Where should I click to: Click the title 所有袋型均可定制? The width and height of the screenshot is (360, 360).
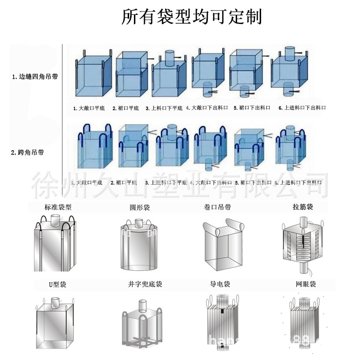pos(192,17)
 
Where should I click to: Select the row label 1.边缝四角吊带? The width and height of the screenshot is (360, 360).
pos(35,76)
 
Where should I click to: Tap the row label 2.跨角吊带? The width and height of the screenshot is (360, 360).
pos(28,153)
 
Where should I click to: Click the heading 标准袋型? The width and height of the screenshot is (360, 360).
pos(58,208)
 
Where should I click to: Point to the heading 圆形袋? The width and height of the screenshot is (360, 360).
pos(139,208)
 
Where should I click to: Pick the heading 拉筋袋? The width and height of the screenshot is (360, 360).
pos(304,208)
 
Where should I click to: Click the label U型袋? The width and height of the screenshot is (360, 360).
pos(57,284)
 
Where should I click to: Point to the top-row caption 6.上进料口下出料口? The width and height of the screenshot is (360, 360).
pos(302,108)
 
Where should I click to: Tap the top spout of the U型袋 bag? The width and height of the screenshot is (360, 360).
pos(56,304)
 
